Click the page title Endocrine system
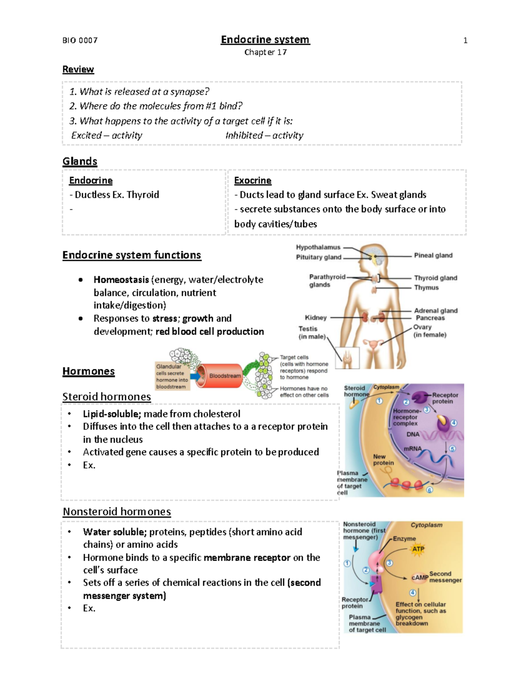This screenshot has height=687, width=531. pyautogui.click(x=265, y=40)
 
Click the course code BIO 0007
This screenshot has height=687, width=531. pyautogui.click(x=80, y=41)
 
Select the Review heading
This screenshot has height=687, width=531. pyautogui.click(x=78, y=69)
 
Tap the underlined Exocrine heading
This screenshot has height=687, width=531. pyautogui.click(x=253, y=180)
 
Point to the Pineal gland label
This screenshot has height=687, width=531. pyautogui.click(x=433, y=255)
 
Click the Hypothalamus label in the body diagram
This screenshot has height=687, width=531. pyautogui.click(x=318, y=247)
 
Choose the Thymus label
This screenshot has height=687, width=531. pyautogui.click(x=426, y=288)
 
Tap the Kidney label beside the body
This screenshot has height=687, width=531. pyautogui.click(x=316, y=318)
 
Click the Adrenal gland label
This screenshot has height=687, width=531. pyautogui.click(x=435, y=311)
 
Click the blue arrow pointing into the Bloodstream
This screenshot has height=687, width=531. pyautogui.click(x=194, y=376)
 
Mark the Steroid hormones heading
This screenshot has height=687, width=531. pyautogui.click(x=107, y=397)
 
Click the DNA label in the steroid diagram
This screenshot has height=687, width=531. pyautogui.click(x=413, y=434)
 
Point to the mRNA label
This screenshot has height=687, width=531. pyautogui.click(x=412, y=449)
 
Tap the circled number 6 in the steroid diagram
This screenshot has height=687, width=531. pyautogui.click(x=429, y=490)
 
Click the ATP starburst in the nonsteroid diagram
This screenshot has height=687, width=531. pyautogui.click(x=418, y=549)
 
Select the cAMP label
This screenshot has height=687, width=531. pyautogui.click(x=419, y=577)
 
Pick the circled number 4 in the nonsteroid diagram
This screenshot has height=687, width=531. pyautogui.click(x=412, y=593)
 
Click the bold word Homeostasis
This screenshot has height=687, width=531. pyautogui.click(x=121, y=280)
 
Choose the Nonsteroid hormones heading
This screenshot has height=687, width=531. pyautogui.click(x=117, y=512)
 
